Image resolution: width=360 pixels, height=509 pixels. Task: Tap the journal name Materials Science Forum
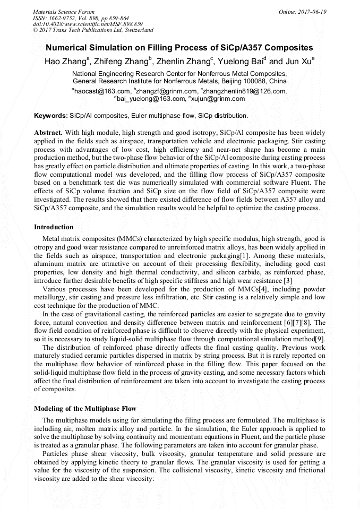click(x=64, y=11)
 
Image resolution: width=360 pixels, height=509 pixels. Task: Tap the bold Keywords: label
click(x=51, y=115)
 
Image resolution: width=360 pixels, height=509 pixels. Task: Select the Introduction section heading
click(x=54, y=227)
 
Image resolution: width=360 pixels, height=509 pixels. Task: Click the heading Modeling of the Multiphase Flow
click(x=85, y=408)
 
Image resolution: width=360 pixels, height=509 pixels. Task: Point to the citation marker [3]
click(x=288, y=280)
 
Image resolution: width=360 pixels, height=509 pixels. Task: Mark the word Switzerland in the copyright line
click(x=136, y=30)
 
